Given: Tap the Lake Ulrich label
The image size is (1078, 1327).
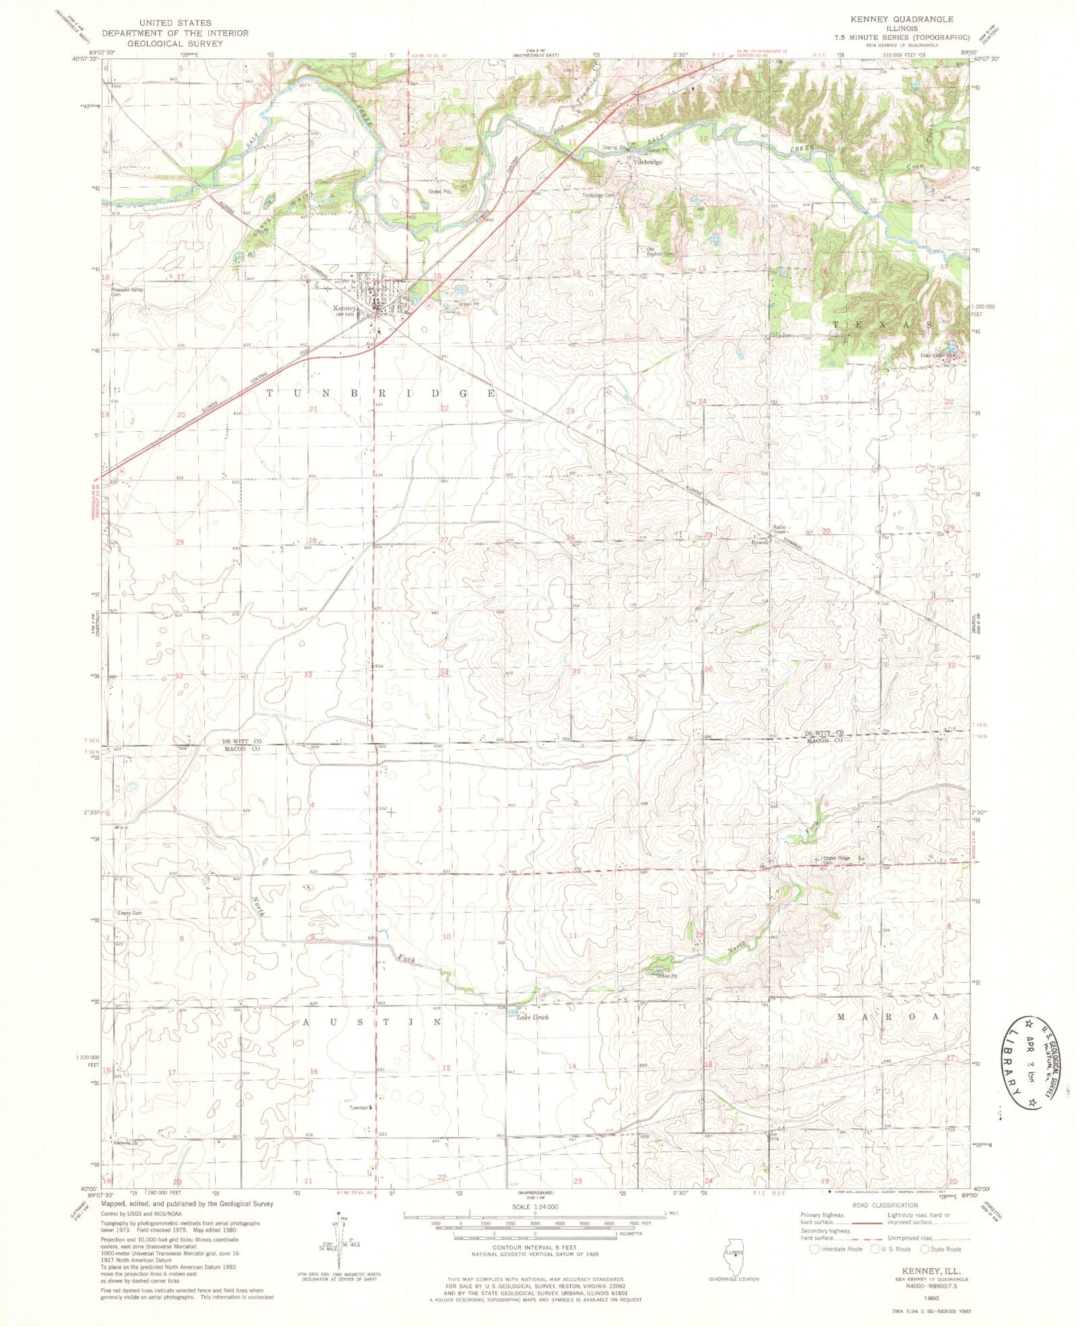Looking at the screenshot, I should pyautogui.click(x=532, y=1017).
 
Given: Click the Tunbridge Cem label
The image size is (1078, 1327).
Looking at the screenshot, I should pyautogui.click(x=599, y=195).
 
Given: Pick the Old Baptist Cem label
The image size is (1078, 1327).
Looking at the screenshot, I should pyautogui.click(x=660, y=251).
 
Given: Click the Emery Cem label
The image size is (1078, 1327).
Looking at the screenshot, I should pyautogui.click(x=129, y=913).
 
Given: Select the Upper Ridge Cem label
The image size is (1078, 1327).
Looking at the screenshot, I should pyautogui.click(x=836, y=860).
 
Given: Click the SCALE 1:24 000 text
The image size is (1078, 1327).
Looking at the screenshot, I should pyautogui.click(x=535, y=1207).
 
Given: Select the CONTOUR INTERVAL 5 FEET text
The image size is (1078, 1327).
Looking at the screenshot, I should pyautogui.click(x=535, y=1247).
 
